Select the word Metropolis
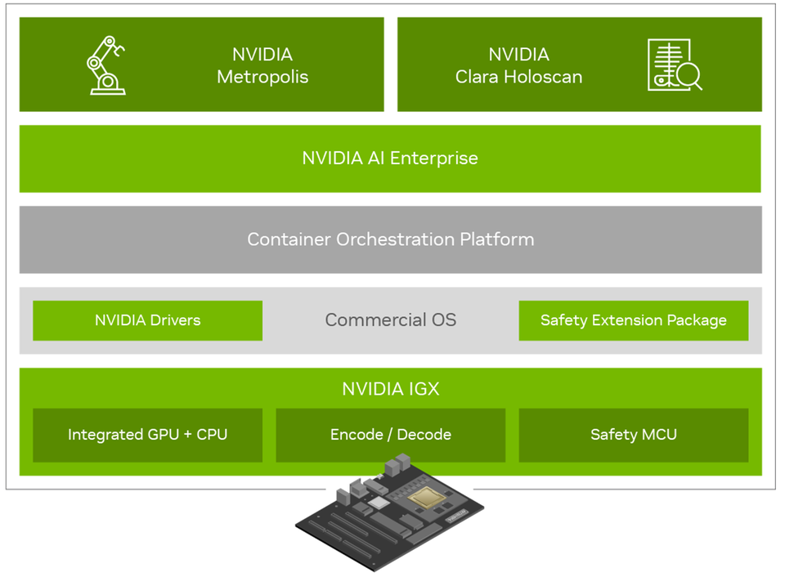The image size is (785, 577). (x=262, y=78)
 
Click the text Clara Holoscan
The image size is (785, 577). (x=518, y=78)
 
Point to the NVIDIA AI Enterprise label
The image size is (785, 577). (x=390, y=159)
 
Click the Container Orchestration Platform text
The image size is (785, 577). (x=390, y=239)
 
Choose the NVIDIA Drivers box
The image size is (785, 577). (x=147, y=320)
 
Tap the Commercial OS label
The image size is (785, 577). (x=390, y=320)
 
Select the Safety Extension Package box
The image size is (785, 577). (x=633, y=320)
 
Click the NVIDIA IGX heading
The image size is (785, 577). (x=390, y=389)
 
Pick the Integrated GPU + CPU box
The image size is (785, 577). (x=147, y=435)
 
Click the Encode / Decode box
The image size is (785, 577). (x=390, y=435)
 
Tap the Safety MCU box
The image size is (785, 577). (x=633, y=435)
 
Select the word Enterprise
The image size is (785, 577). (x=433, y=159)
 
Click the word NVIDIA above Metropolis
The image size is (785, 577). (x=262, y=55)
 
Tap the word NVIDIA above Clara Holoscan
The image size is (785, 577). (x=518, y=55)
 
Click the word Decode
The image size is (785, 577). (x=424, y=435)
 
